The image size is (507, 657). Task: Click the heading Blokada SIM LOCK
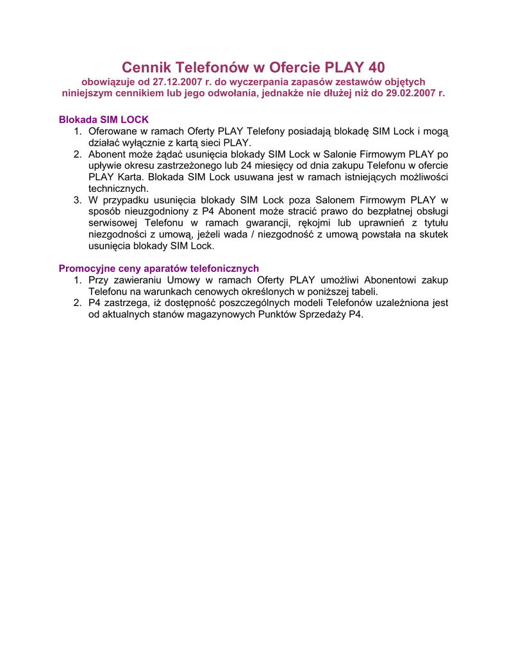click(104, 120)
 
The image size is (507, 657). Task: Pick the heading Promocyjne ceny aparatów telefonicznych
click(159, 268)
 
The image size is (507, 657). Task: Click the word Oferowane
click(115, 132)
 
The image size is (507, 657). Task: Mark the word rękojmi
click(319, 223)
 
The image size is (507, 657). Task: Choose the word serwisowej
click(112, 223)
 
